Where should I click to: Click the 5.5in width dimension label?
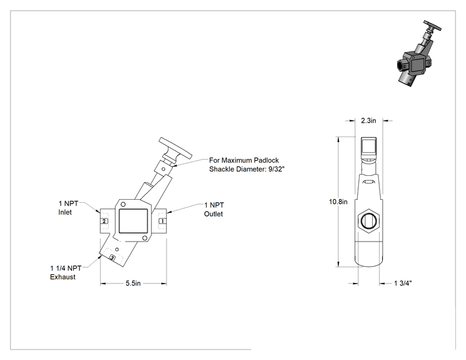tap(133, 284)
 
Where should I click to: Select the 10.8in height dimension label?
tap(338, 202)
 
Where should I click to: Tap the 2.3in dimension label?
tap(368, 121)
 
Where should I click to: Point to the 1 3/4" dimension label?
tap(403, 284)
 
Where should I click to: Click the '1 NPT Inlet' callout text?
tap(68, 208)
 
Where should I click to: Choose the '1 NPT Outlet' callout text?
tap(214, 209)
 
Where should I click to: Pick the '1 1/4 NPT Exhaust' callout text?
tap(66, 273)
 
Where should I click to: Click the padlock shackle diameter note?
tap(247, 165)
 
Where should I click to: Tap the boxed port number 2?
tap(104, 221)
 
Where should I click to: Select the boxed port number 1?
tap(162, 221)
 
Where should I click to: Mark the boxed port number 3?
tap(112, 258)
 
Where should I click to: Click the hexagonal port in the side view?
tap(368, 221)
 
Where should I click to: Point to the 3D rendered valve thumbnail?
tap(419, 53)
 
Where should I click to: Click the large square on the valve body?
tap(133, 221)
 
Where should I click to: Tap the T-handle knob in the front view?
tap(175, 148)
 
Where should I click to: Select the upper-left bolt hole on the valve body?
tap(123, 204)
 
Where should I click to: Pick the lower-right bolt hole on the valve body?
tap(145, 238)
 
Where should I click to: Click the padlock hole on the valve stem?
tap(163, 169)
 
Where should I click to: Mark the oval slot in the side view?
tap(369, 182)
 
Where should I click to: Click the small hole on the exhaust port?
tap(117, 249)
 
